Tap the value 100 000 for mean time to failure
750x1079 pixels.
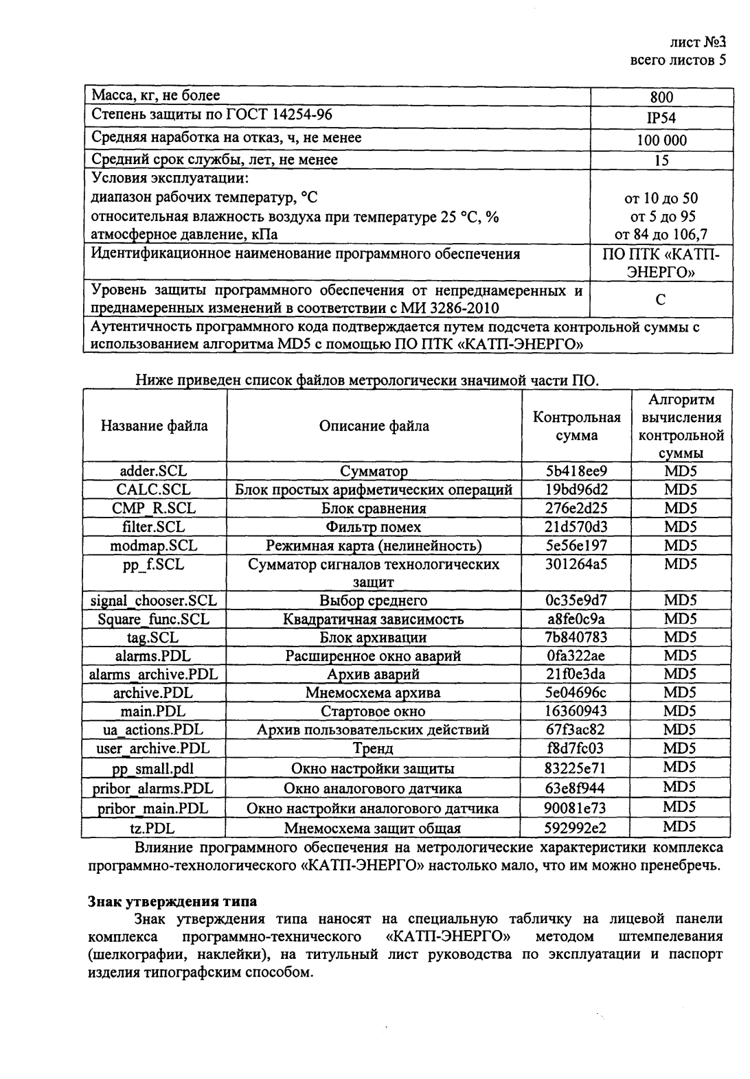click(661, 141)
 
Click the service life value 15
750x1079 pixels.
click(661, 161)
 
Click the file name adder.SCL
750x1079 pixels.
click(153, 472)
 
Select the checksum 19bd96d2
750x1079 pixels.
click(576, 490)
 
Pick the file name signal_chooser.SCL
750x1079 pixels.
click(153, 601)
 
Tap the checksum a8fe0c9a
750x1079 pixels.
click(576, 619)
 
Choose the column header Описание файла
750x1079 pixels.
click(374, 426)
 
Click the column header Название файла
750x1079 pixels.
click(154, 426)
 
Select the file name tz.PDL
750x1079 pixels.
click(153, 828)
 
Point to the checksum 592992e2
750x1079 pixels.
click(576, 828)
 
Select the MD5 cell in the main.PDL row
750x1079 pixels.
click(680, 710)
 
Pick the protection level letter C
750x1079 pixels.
click(661, 300)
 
